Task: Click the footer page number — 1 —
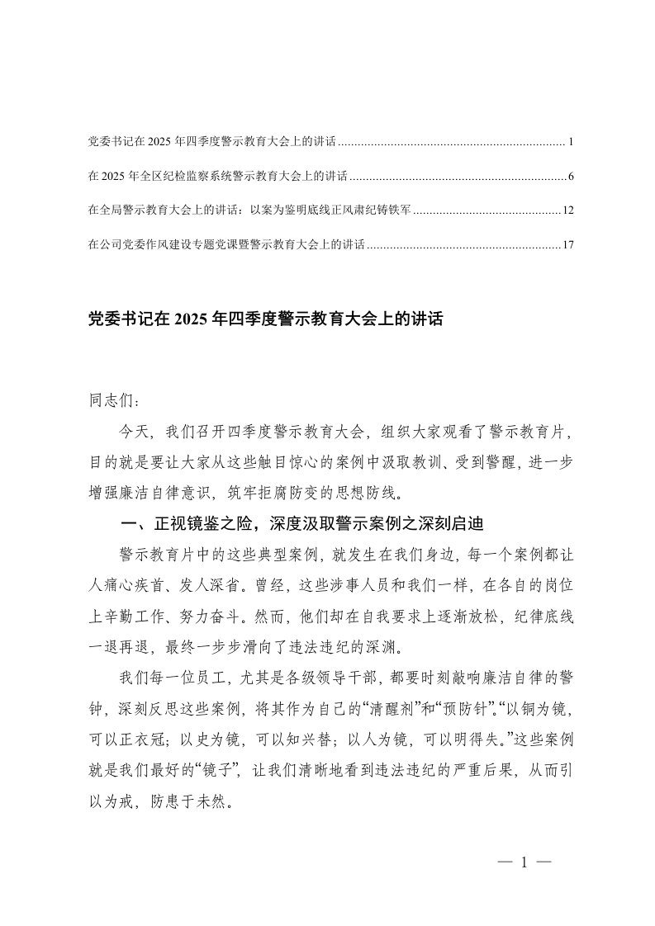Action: tap(524, 863)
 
